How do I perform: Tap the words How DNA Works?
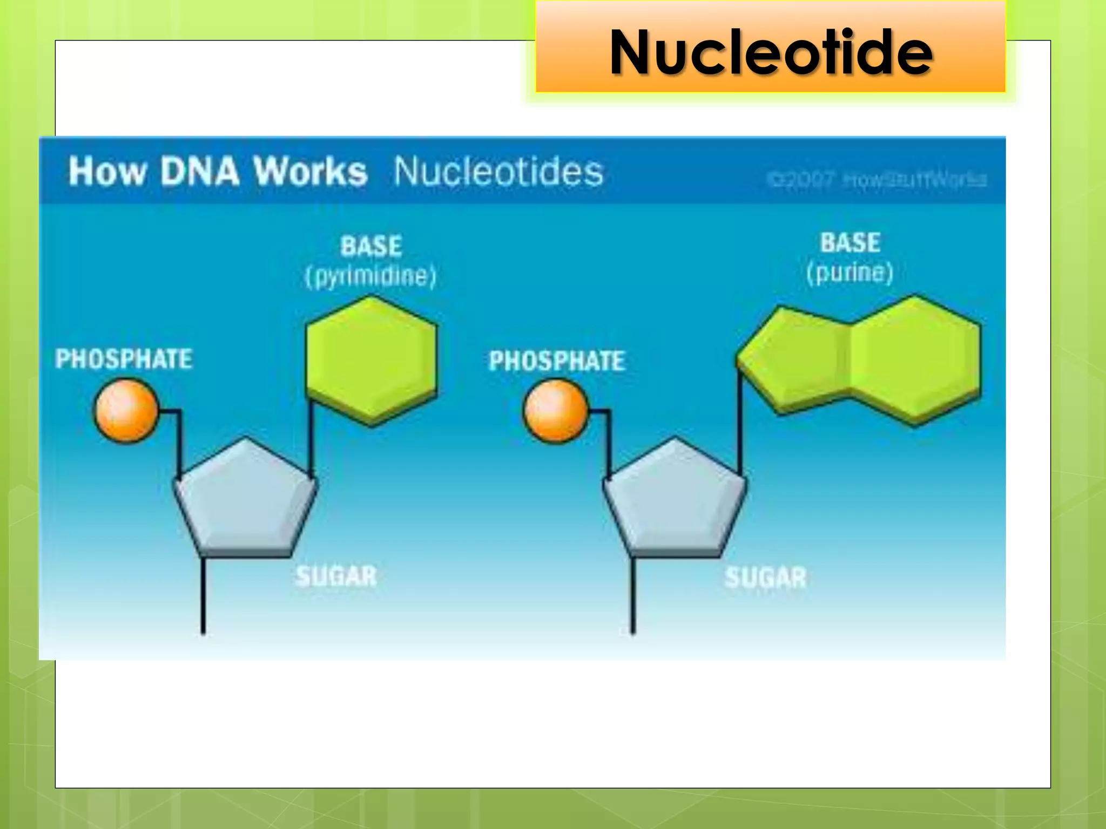click(x=218, y=172)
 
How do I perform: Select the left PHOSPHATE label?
click(x=124, y=359)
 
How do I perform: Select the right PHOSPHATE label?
click(x=557, y=361)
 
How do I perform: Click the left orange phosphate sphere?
click(x=126, y=411)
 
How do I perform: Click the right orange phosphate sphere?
click(x=556, y=411)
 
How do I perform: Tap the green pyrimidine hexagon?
click(x=371, y=359)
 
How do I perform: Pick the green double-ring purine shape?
click(x=859, y=359)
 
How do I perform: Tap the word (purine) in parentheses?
click(x=849, y=273)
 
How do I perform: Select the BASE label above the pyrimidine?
click(x=371, y=246)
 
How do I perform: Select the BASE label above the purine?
click(x=850, y=243)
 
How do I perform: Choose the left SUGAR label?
click(x=336, y=576)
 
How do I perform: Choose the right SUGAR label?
click(x=765, y=577)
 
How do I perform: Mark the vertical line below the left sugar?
click(x=203, y=596)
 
